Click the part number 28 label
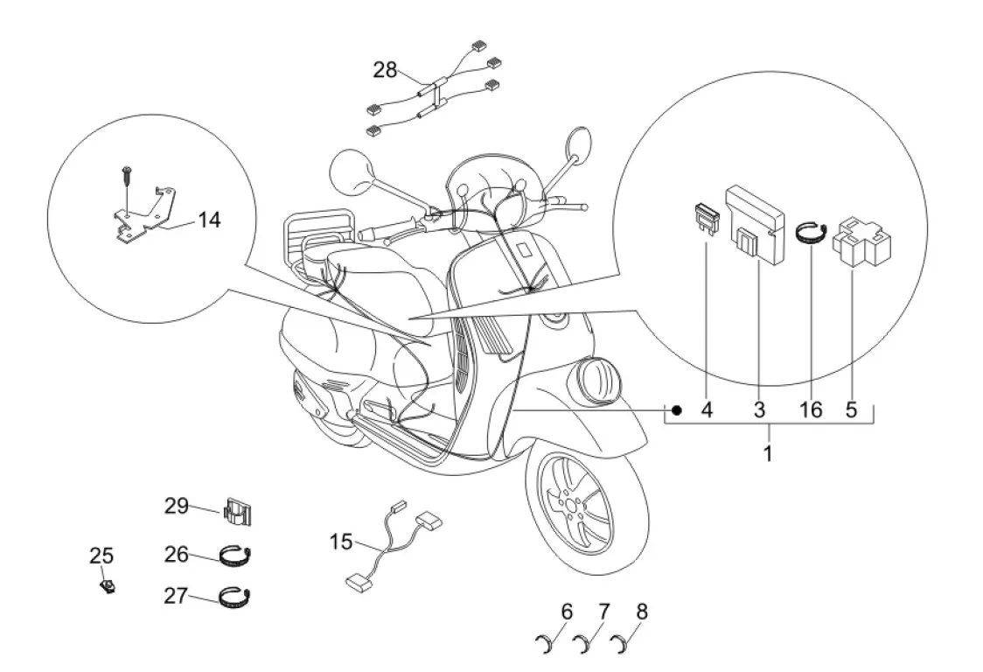click(386, 70)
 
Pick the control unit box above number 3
click(756, 213)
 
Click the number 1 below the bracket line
click(768, 454)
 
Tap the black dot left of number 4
click(676, 409)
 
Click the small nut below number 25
click(108, 587)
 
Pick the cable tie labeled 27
click(236, 598)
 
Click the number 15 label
click(341, 542)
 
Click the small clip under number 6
click(546, 646)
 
